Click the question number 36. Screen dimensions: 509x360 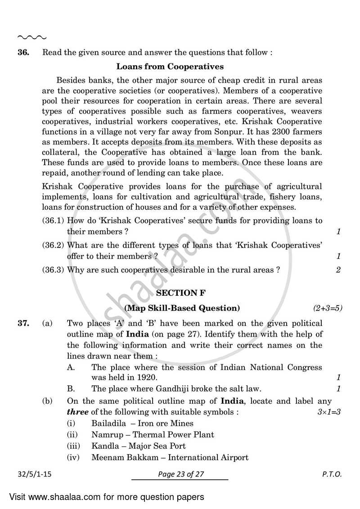coord(23,52)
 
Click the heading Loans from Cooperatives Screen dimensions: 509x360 coord(170,67)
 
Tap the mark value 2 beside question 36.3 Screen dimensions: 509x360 coord(338,270)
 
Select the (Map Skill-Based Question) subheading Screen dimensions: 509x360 coord(182,308)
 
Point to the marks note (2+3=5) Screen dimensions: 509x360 coord(328,308)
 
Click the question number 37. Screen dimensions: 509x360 coord(23,324)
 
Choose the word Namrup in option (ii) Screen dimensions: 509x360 coord(106,435)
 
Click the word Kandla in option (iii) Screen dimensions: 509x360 coord(103,446)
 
